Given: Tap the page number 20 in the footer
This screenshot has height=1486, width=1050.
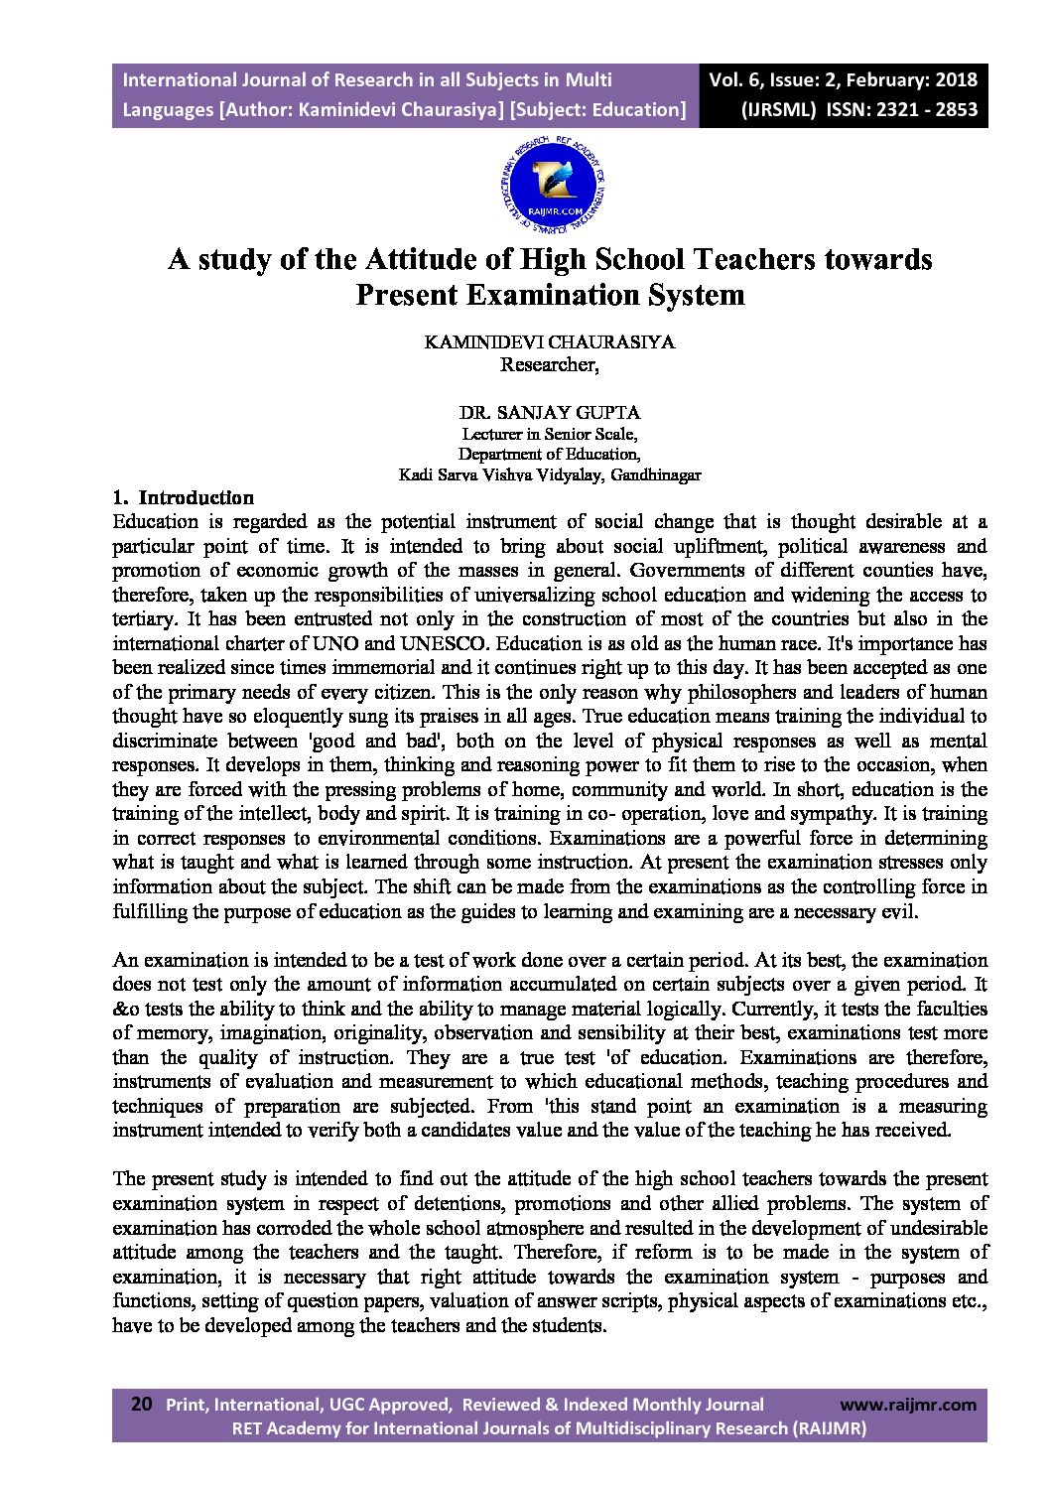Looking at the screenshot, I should (x=142, y=1404).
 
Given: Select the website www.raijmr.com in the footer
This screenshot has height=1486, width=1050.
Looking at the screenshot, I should (x=907, y=1405).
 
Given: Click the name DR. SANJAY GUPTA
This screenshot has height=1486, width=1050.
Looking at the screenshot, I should (x=549, y=411).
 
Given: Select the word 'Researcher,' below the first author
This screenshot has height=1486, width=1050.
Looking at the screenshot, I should (x=549, y=364).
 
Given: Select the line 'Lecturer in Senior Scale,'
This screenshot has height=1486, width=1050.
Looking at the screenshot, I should (x=549, y=434).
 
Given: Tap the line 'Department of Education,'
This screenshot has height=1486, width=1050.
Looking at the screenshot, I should (x=549, y=454).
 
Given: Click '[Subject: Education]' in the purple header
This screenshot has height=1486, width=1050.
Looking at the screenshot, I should (x=597, y=109).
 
